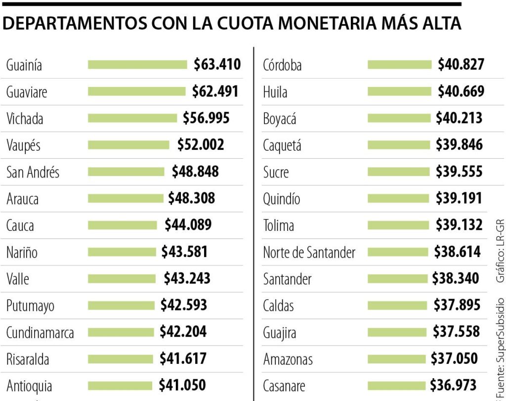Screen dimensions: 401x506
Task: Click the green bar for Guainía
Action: [x=137, y=65]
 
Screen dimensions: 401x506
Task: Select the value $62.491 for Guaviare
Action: [x=215, y=91]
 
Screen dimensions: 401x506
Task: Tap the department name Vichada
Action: [x=25, y=119]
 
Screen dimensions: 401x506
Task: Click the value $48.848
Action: [x=195, y=172]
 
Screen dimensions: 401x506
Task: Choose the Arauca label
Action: [x=22, y=199]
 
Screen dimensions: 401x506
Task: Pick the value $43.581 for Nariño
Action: [x=185, y=252]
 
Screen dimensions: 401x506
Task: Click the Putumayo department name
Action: [x=30, y=306]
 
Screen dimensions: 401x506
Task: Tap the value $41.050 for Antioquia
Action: [x=182, y=385]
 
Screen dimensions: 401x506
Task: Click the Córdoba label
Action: [x=282, y=65]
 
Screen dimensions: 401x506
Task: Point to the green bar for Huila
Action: [x=399, y=91]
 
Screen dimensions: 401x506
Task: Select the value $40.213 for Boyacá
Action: [x=459, y=118]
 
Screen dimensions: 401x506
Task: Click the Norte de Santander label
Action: [x=309, y=253]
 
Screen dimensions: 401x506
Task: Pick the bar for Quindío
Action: [x=398, y=199]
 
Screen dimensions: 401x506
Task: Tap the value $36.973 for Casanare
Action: [x=453, y=385]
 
